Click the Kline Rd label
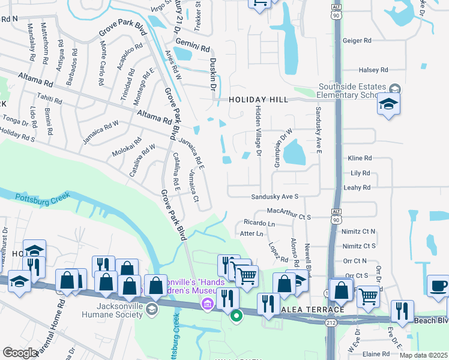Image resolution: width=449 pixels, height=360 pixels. click(360, 158)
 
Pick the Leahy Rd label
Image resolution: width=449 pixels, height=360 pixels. click(360, 187)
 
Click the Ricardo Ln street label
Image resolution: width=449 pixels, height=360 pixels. click(259, 223)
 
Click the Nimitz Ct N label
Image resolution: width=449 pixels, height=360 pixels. click(358, 231)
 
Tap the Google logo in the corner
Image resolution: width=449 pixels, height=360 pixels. click(20, 353)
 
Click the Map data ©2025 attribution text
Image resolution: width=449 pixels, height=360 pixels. click(423, 355)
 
